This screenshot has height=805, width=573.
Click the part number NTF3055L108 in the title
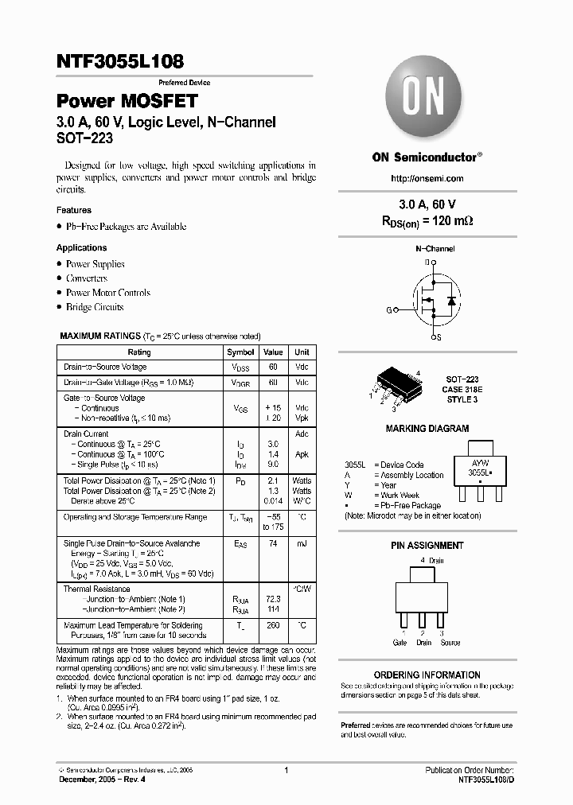tap(120, 61)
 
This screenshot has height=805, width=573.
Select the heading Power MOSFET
tap(127, 102)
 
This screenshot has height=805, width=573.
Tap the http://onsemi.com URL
tap(427, 178)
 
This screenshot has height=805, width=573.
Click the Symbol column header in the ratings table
tap(240, 352)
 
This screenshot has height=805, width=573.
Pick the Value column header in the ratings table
tap(273, 352)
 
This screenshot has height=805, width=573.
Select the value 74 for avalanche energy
tap(273, 543)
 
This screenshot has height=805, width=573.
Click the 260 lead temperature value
tap(273, 626)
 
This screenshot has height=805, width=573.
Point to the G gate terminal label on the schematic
tap(389, 309)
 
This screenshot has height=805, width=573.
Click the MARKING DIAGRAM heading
tap(427, 429)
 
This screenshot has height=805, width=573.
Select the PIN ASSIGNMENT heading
tap(427, 546)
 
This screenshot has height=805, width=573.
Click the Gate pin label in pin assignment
tap(400, 643)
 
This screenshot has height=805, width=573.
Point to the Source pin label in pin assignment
tap(450, 643)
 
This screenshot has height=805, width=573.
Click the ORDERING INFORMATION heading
tap(427, 675)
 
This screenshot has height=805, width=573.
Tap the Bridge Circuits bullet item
tap(95, 307)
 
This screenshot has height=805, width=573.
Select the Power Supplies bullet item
tap(95, 264)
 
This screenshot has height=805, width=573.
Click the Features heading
tap(74, 211)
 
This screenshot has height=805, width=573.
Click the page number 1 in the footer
tap(286, 770)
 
